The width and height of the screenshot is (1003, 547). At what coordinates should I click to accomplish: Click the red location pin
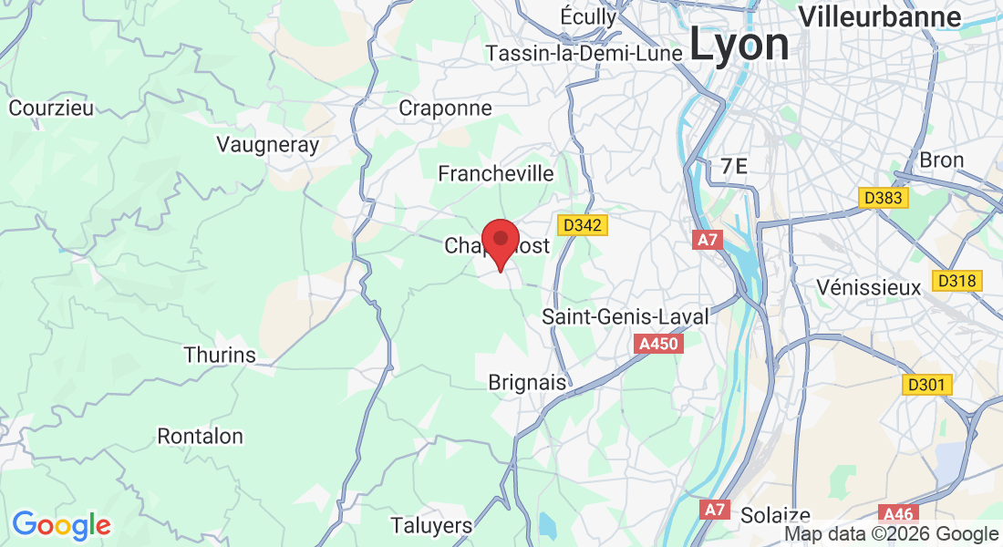click(500, 242)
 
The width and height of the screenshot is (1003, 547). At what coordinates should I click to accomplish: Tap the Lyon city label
click(739, 44)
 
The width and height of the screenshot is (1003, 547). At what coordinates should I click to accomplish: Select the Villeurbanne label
click(880, 16)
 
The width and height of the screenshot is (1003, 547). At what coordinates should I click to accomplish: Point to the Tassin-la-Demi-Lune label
click(584, 54)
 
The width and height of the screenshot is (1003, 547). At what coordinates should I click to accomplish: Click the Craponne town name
click(446, 108)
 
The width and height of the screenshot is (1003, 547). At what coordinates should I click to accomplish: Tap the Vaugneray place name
click(268, 144)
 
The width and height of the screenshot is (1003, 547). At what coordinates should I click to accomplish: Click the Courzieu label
click(51, 108)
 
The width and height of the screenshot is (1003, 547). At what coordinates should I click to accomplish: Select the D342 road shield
click(582, 224)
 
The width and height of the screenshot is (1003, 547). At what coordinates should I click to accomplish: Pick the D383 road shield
click(882, 197)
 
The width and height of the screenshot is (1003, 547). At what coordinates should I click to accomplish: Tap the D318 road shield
click(957, 280)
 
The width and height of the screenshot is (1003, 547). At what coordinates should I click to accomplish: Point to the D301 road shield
click(927, 385)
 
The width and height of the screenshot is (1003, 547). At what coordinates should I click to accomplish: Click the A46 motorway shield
click(897, 514)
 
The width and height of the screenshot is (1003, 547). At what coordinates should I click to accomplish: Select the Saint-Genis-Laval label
click(625, 317)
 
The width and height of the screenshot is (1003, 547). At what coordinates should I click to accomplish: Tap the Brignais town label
click(528, 382)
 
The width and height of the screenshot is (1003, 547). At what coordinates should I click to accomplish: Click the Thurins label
click(220, 355)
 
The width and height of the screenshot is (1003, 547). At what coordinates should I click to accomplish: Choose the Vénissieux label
click(869, 287)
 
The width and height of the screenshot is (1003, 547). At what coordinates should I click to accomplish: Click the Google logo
click(61, 525)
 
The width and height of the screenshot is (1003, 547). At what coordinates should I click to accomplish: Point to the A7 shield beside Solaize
click(715, 509)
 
